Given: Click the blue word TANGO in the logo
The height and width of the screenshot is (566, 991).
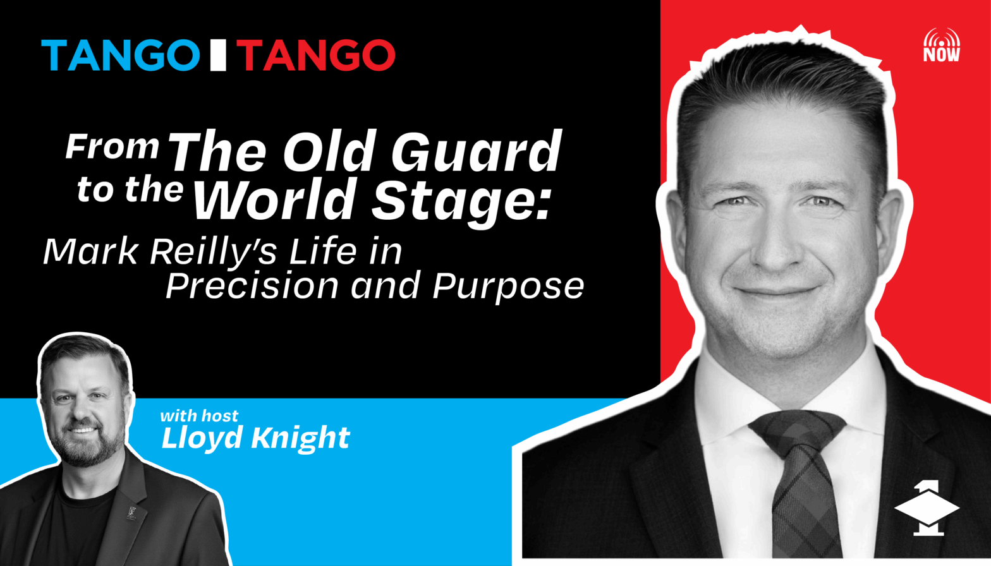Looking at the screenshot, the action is [120, 55].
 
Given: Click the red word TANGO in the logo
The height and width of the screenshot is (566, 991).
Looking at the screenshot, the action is [316, 55].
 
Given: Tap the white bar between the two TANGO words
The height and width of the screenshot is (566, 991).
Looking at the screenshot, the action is [218, 55].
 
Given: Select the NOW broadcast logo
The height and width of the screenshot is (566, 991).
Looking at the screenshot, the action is [942, 45].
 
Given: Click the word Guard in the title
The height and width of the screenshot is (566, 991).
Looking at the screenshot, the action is [476, 152].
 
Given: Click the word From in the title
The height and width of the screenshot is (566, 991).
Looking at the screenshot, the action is [112, 147].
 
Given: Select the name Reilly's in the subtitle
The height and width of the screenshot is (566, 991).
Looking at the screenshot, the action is [214, 253].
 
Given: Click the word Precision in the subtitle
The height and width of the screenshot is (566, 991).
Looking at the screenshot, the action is [252, 287].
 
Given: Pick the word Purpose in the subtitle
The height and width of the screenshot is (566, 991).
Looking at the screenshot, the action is [508, 288].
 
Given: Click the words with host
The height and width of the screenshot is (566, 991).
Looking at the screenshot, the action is [199, 416].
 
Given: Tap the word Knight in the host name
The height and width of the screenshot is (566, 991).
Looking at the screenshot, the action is [301, 438].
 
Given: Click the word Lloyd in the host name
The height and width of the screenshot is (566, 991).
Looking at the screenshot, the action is [202, 438].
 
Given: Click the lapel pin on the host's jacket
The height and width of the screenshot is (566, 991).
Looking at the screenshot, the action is [131, 512].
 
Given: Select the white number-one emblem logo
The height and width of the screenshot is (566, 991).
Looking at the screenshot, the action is [927, 508].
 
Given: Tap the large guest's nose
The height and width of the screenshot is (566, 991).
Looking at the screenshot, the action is [772, 248].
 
